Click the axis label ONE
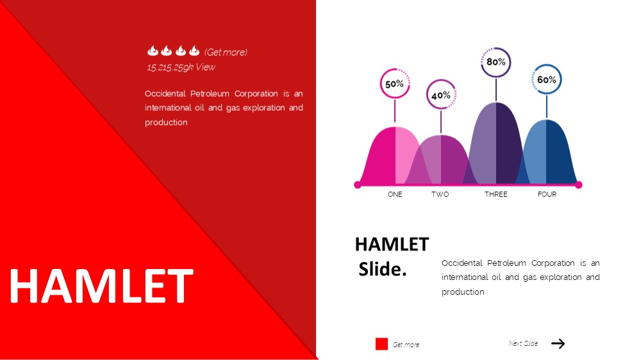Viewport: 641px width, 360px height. click(395, 195)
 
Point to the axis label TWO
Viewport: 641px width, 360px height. click(440, 195)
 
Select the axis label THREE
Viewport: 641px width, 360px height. click(496, 195)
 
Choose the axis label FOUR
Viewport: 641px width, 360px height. click(547, 195)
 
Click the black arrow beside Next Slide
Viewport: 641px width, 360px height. click(558, 343)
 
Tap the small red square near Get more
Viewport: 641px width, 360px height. click(381, 344)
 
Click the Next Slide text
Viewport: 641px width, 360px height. click(523, 343)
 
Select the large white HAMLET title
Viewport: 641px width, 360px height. click(101, 286)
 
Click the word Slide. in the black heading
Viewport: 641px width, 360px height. click(383, 269)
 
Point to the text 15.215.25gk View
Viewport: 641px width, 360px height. click(181, 67)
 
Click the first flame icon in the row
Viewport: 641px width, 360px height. click(153, 51)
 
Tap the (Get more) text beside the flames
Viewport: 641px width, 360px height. click(226, 53)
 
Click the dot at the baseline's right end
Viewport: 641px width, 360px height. click(578, 185)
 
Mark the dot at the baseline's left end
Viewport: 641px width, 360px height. click(357, 185)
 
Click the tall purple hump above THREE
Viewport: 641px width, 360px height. click(496, 143)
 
